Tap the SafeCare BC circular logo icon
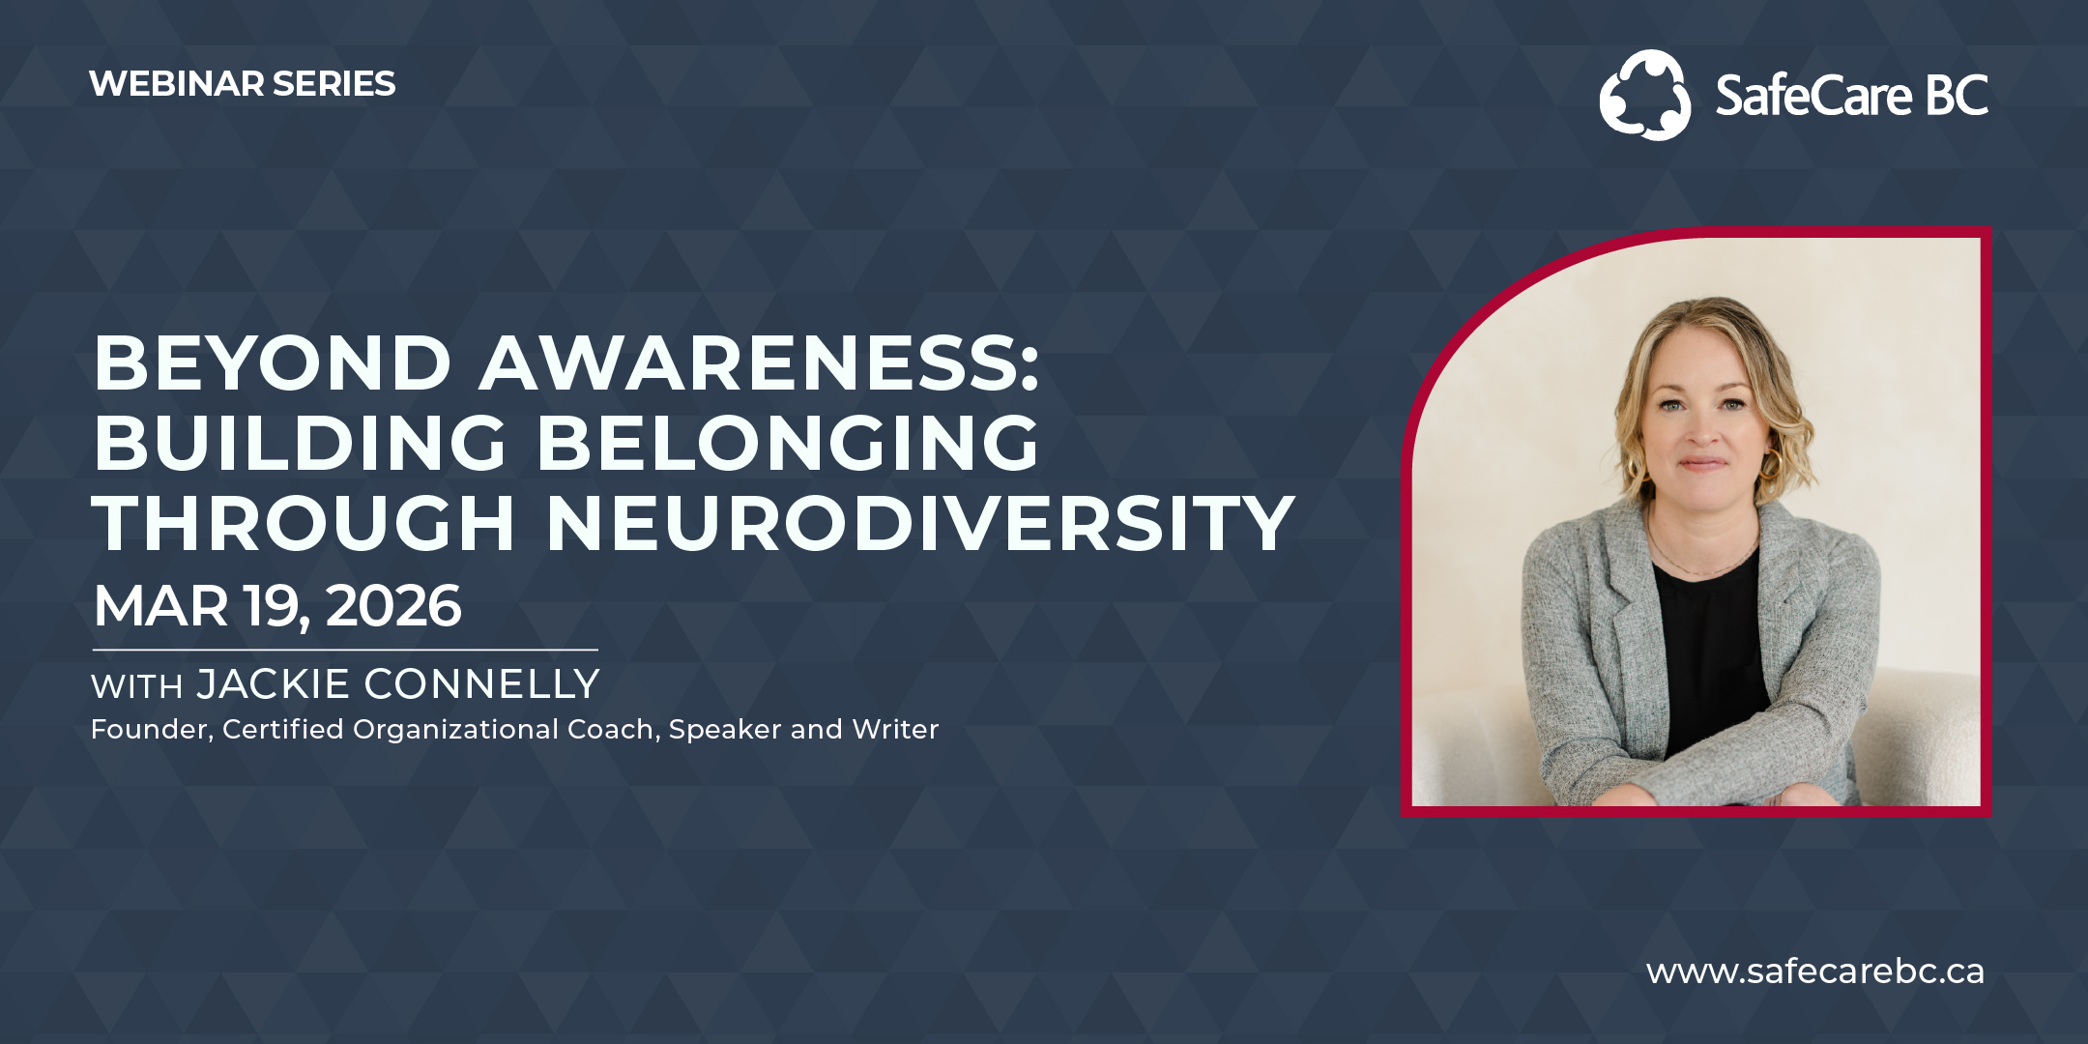(x=1645, y=95)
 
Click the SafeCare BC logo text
(x=1851, y=96)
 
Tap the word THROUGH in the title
(x=304, y=523)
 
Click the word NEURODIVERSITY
(x=920, y=523)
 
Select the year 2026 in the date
(x=393, y=606)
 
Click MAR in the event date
(x=160, y=606)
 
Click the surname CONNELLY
(x=481, y=684)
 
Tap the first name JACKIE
(x=273, y=684)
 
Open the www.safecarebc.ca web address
(x=1815, y=971)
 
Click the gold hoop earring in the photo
(x=1771, y=465)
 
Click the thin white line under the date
(x=345, y=650)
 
